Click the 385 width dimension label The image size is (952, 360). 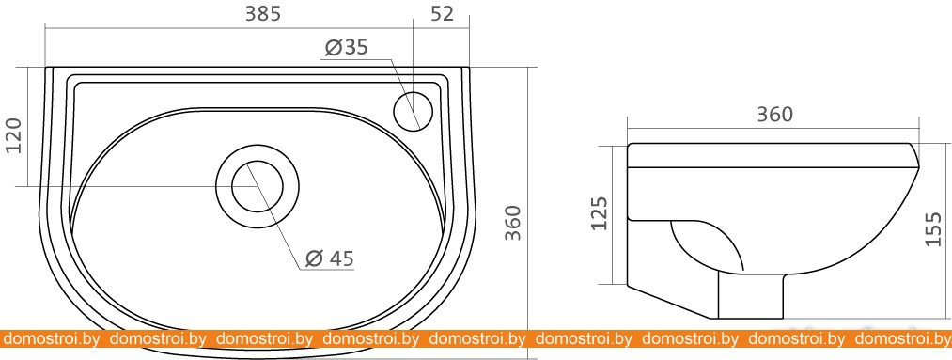[263, 13]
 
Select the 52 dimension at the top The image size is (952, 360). [442, 13]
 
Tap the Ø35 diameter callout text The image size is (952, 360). [346, 47]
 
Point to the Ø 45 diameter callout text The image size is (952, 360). [329, 258]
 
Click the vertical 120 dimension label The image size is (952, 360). [13, 135]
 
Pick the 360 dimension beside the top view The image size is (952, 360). [514, 223]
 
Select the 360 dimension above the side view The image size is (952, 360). [774, 114]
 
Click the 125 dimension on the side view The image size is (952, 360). [600, 213]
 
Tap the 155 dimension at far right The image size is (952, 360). [933, 228]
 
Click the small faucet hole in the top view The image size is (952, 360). [414, 111]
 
